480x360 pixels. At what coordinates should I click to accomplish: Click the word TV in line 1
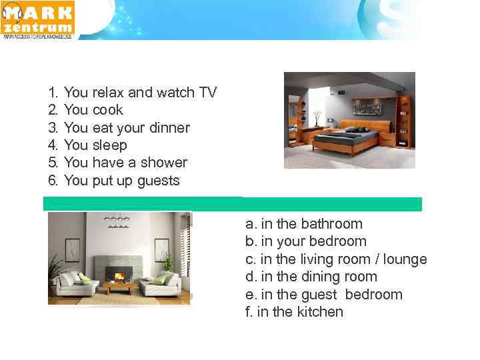pos(207,93)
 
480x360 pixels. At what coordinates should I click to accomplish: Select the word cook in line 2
pos(107,110)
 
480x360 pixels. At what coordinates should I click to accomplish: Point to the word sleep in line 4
pos(109,145)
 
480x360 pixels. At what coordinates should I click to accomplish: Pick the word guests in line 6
pos(158,181)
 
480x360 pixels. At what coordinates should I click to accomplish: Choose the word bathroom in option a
pos(331,224)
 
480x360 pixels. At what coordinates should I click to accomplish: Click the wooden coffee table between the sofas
pos(120,289)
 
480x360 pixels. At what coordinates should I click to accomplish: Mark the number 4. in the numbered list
pos(53,145)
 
